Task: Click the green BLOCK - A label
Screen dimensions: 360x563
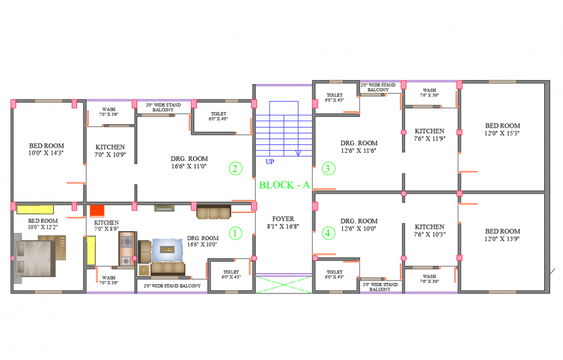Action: [284, 185]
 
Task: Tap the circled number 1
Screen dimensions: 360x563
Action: [236, 232]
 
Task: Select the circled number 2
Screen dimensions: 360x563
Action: [236, 169]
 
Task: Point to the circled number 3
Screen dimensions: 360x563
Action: [327, 169]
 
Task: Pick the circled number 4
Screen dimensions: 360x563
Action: [327, 232]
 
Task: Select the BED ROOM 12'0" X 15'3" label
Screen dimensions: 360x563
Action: [502, 129]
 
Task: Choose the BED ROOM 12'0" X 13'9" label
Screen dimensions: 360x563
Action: [502, 235]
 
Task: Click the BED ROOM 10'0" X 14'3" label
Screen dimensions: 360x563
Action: [47, 149]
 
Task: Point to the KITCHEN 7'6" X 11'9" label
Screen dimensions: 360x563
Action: [430, 134]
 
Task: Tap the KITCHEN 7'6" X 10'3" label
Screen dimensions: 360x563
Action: [430, 231]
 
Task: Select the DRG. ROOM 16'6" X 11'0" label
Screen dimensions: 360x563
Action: [189, 162]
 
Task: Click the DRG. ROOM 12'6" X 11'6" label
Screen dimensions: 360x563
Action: [359, 146]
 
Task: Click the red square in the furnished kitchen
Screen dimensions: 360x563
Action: [97, 210]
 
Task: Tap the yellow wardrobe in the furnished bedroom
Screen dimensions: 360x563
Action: [35, 209]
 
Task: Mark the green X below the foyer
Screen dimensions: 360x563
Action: [283, 284]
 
